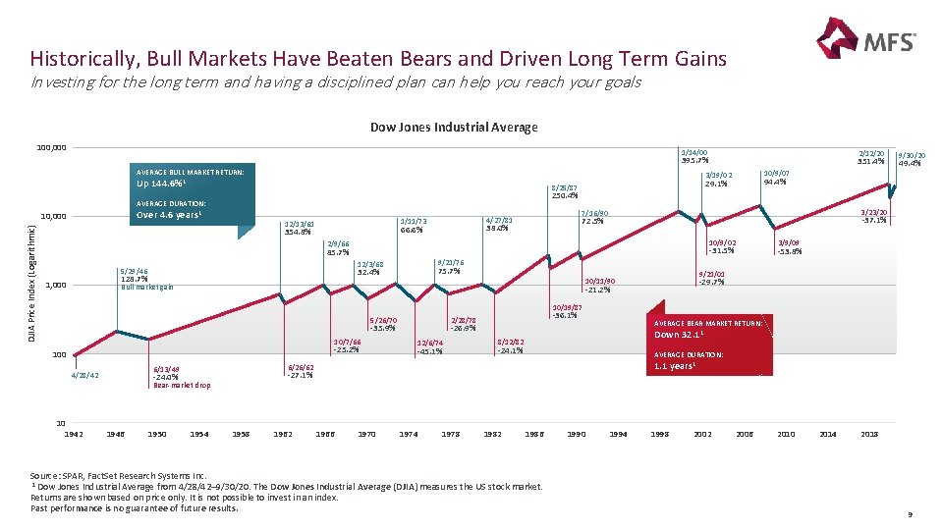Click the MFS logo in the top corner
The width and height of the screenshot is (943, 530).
pyautogui.click(x=866, y=42)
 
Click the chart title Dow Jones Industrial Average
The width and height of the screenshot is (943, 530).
pyautogui.click(x=454, y=127)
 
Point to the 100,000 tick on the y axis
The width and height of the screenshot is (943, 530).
pyautogui.click(x=51, y=147)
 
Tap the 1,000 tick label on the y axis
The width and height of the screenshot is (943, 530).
pyautogui.click(x=56, y=286)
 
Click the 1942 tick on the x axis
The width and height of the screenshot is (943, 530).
pyautogui.click(x=74, y=433)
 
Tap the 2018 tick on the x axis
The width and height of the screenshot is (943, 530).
pyautogui.click(x=870, y=433)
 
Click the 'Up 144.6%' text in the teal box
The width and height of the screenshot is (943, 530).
pyautogui.click(x=163, y=184)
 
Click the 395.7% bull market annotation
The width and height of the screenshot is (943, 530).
pyautogui.click(x=693, y=160)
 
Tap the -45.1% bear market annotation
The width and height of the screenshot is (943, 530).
pyautogui.click(x=430, y=350)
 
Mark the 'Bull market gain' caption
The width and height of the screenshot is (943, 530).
pyautogui.click(x=147, y=287)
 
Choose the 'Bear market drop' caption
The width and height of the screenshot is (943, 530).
pyautogui.click(x=182, y=385)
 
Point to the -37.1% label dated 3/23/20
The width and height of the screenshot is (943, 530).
pyautogui.click(x=872, y=220)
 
